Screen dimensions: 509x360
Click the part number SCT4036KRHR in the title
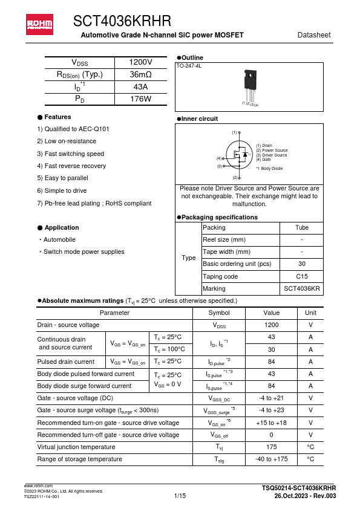click(x=122, y=22)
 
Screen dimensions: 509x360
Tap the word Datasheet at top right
click(x=314, y=35)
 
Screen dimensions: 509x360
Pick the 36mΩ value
click(x=141, y=75)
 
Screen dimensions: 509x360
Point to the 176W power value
click(x=141, y=99)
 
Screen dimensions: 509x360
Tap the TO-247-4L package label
click(x=189, y=65)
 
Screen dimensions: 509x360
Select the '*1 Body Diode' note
click(x=269, y=169)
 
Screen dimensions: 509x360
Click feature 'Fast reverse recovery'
click(x=67, y=166)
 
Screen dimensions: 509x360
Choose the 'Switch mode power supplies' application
click(x=83, y=252)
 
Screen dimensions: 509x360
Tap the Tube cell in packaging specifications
click(x=301, y=228)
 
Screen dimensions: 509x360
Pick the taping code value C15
click(x=301, y=276)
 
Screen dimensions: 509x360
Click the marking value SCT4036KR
click(x=301, y=289)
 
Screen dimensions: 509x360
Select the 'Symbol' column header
click(x=218, y=313)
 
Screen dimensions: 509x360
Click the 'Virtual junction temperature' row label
click(x=76, y=447)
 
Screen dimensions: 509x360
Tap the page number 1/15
click(x=180, y=496)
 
